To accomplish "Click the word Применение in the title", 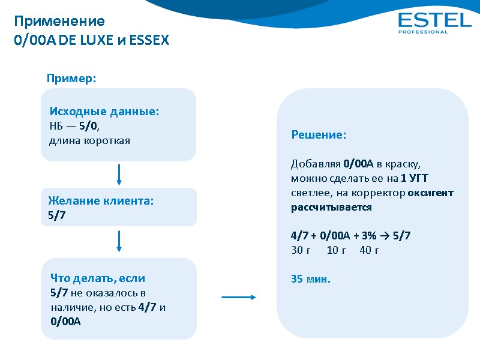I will tap(59, 22).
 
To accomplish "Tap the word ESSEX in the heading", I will tap(149, 41).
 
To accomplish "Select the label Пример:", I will tap(72, 79).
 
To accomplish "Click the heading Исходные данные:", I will tap(104, 112).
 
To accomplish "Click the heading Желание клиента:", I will tap(101, 201).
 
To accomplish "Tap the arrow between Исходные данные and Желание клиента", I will tap(119, 175).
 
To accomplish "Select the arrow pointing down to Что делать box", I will tap(119, 242).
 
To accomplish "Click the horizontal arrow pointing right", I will tap(239, 296).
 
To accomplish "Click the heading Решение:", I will tap(319, 136).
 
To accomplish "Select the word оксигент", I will tap(430, 193).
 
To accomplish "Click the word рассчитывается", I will tap(331, 208).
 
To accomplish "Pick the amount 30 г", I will tap(301, 250).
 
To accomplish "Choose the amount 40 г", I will tap(369, 250).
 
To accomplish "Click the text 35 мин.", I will tap(311, 279).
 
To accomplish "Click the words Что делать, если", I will tap(98, 278).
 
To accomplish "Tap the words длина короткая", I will tap(89, 140).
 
